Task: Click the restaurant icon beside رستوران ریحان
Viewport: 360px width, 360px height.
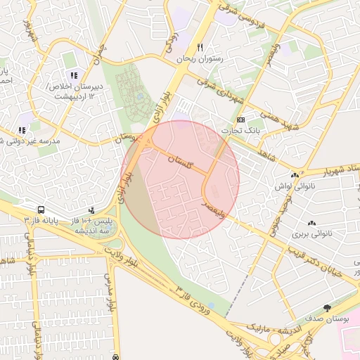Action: point(200,47)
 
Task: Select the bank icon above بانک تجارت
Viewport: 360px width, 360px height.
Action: point(241,120)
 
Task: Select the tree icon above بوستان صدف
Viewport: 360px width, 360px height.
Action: point(327,308)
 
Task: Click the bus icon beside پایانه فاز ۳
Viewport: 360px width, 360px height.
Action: point(41,210)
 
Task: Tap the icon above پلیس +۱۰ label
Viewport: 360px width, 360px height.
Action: point(92,210)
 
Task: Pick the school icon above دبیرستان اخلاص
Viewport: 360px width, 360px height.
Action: point(74,75)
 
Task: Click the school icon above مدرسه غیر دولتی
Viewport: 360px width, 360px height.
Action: point(23,129)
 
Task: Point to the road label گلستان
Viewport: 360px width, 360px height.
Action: point(179,162)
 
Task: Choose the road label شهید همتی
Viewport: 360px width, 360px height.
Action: point(279,117)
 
